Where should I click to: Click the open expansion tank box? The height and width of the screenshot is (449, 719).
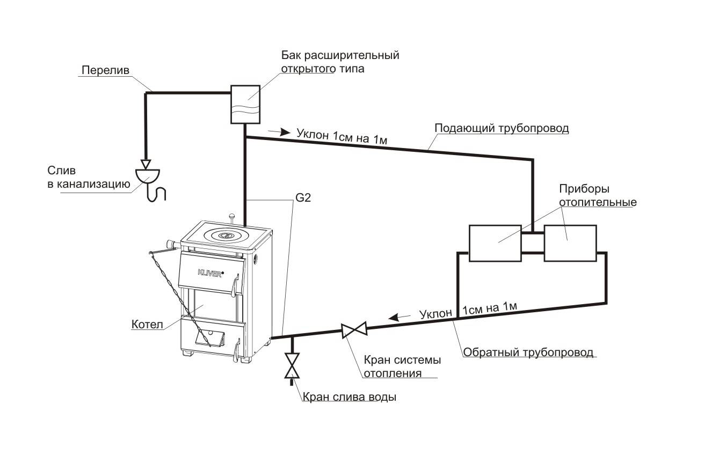(245, 104)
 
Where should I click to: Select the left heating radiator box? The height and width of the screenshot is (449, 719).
(495, 243)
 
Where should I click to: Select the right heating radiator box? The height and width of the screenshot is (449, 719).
(570, 243)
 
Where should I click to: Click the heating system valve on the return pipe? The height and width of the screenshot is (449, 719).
(354, 330)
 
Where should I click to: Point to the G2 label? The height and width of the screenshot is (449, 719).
(302, 198)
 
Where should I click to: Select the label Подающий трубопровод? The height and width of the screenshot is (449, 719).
(501, 129)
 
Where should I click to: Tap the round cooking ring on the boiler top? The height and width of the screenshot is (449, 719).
(226, 235)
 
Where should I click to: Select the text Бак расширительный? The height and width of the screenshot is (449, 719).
(340, 56)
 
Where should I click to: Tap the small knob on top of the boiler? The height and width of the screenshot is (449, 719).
(233, 216)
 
